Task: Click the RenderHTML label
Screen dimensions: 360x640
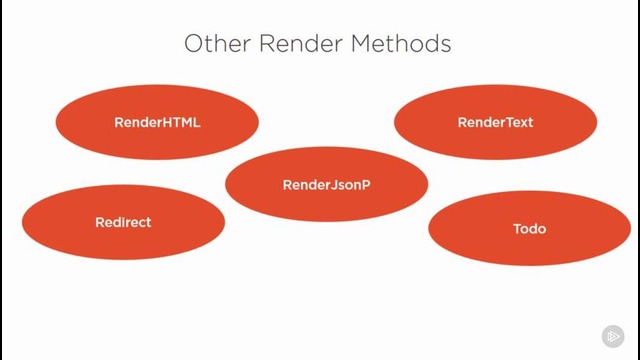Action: tap(157, 122)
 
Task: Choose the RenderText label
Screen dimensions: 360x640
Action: tap(495, 122)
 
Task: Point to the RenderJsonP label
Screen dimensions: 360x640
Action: tap(327, 185)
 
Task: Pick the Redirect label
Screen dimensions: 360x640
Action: tap(123, 222)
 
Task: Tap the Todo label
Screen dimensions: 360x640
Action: tap(529, 229)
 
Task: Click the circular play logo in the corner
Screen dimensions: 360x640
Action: tap(613, 337)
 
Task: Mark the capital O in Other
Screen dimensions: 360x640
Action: tap(193, 44)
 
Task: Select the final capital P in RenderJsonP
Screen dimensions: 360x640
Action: tap(366, 185)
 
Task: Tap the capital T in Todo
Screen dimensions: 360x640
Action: tap(517, 229)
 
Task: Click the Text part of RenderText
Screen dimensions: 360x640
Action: tap(518, 122)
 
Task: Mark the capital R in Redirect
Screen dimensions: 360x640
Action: tap(100, 222)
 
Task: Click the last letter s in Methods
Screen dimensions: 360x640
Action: tap(445, 44)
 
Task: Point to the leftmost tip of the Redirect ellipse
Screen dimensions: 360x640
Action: tap(22, 222)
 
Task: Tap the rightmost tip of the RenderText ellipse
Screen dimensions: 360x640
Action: tap(597, 122)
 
